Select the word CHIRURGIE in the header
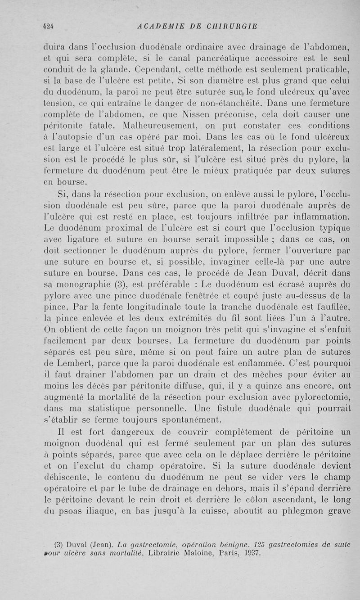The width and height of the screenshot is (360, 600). (x=233, y=26)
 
